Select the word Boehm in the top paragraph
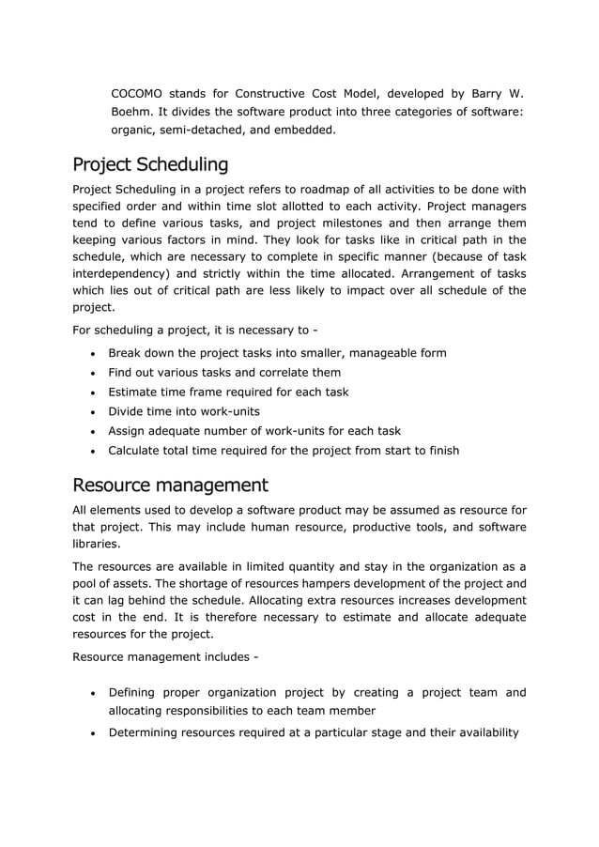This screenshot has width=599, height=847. [x=133, y=112]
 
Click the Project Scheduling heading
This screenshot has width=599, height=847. [x=150, y=165]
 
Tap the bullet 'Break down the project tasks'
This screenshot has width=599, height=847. [x=277, y=353]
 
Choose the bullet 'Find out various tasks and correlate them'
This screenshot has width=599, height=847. [x=224, y=373]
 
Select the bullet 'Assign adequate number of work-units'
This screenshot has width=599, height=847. [x=254, y=431]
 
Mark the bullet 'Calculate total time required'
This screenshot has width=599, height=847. [x=284, y=451]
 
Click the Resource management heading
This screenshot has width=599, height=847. [x=170, y=485]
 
